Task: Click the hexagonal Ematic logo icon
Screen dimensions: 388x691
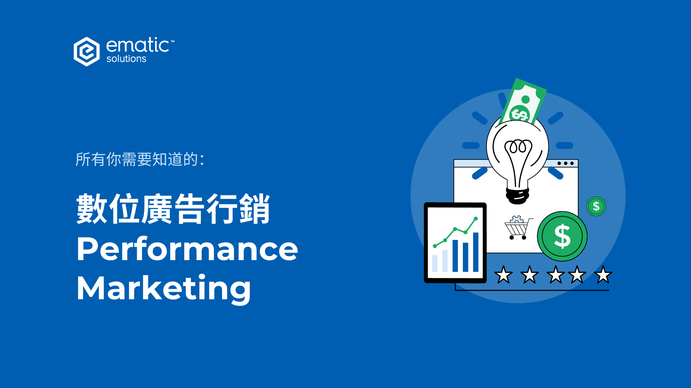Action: pos(86,51)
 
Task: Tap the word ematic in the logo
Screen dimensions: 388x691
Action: pos(137,46)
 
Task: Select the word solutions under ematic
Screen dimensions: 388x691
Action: pos(126,59)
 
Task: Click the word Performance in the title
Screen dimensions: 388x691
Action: pos(187,249)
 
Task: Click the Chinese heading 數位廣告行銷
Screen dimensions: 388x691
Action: pos(173,209)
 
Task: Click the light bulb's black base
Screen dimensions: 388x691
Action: pos(518,195)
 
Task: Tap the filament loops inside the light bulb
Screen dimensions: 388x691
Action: pos(518,147)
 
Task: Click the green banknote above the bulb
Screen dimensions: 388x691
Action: pos(524,102)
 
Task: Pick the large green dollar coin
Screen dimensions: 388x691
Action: pos(562,236)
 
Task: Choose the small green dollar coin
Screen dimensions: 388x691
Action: pos(596,206)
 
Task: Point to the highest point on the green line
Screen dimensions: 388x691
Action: pos(475,218)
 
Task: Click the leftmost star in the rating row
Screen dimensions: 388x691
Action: pos(503,275)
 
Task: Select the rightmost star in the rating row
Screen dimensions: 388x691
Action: pos(603,275)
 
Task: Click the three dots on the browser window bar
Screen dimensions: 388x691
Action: pos(565,163)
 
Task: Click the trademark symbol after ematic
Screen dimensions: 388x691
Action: pos(172,41)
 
